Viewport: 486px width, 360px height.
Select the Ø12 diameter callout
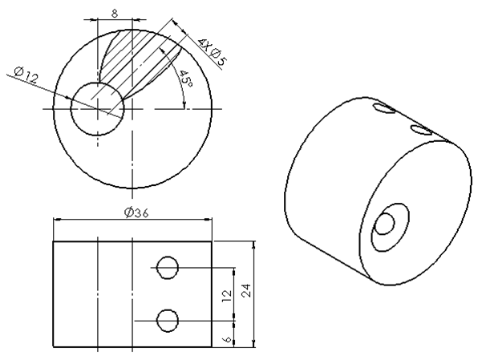(26, 77)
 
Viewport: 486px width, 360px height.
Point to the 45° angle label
(185, 80)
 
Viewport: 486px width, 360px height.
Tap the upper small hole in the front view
(168, 267)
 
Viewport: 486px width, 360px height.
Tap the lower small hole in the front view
(168, 321)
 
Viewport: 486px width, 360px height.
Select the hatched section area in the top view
(132, 64)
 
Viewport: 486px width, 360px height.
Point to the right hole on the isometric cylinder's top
(421, 129)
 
